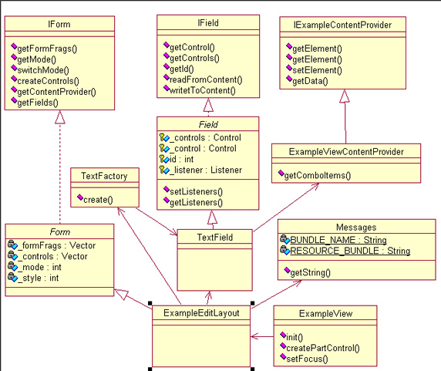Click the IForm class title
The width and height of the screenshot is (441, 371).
[59, 24]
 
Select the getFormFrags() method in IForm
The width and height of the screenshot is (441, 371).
[47, 49]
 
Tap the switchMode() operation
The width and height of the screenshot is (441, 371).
[43, 70]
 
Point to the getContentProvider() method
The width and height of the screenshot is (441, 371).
[56, 92]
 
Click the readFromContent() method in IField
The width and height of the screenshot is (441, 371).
[206, 80]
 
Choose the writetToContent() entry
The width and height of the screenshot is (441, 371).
[203, 90]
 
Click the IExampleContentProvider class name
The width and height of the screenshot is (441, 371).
[342, 25]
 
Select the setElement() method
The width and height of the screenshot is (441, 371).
[317, 70]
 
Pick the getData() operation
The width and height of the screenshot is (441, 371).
[310, 81]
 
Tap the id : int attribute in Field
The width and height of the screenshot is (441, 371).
[182, 160]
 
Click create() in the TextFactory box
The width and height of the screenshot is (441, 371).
[98, 200]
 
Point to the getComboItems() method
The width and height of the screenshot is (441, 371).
[318, 176]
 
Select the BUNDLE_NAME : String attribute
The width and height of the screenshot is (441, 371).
[338, 240]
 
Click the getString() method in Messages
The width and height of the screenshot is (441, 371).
[311, 272]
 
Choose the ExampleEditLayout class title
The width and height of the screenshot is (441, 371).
[201, 313]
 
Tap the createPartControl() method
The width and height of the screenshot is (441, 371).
[323, 348]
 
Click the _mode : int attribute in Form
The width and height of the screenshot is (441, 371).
[39, 267]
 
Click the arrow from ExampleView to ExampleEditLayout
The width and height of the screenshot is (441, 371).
[262, 336]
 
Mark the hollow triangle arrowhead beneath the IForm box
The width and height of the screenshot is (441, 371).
[60, 117]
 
